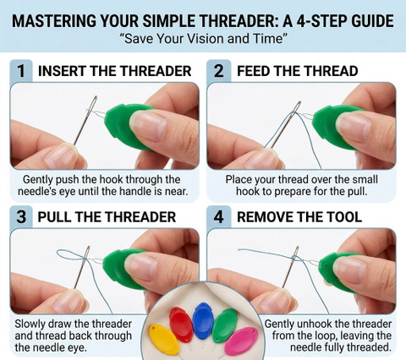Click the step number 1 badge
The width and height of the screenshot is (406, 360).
click(21, 71)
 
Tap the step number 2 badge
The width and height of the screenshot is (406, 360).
click(219, 71)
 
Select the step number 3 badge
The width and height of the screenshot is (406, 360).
click(21, 217)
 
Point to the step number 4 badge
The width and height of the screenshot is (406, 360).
click(219, 217)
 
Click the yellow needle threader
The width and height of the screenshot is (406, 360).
click(163, 339)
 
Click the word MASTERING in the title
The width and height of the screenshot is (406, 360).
click(54, 21)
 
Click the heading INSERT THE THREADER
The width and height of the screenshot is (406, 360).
click(114, 71)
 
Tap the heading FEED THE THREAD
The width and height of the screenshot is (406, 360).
click(297, 71)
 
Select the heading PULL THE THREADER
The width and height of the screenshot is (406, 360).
click(107, 217)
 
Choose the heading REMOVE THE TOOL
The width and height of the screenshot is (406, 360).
click(299, 217)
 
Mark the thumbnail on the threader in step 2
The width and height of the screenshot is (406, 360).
click(354, 128)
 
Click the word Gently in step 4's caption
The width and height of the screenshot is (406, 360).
click(278, 324)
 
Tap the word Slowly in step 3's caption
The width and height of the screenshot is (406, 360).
click(30, 324)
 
